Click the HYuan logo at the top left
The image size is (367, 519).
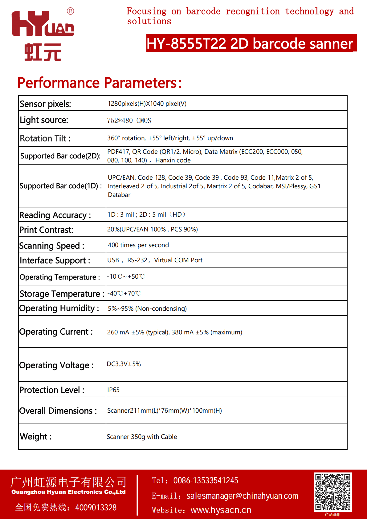43,35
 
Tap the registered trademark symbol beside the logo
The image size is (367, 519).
70,11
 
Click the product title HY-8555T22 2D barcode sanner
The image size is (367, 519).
250,43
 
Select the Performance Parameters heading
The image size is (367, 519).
100,83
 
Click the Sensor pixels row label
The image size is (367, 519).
45,104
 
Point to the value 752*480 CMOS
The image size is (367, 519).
129,121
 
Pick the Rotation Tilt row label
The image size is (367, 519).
45,138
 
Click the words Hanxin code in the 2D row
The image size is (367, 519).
173,160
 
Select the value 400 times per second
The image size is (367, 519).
138,245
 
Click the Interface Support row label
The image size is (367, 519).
55,261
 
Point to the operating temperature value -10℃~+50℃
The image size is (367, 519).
126,276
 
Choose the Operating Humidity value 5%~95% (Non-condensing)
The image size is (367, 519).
147,309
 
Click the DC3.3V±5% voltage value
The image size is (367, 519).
124,364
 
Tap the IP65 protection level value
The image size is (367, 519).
113,390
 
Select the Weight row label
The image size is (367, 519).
35,436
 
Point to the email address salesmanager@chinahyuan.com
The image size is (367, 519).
242,496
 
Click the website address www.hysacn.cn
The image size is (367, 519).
221,510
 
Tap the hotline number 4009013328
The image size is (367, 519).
96,508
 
